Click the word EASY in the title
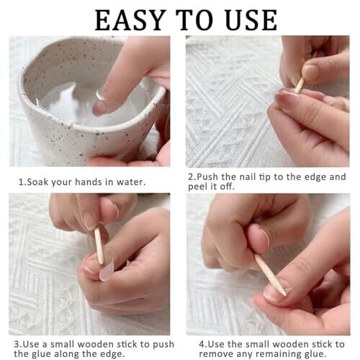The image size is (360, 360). click(x=130, y=20)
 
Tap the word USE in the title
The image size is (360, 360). click(x=251, y=20)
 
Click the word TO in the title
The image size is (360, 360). click(x=194, y=20)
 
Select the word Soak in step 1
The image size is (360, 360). click(x=37, y=182)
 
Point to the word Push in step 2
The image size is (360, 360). click(x=207, y=177)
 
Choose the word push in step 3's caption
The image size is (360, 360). click(x=163, y=344)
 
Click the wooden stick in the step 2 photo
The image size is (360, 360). click(x=300, y=85)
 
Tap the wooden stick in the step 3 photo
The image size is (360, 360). click(x=99, y=246)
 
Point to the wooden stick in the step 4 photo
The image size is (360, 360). click(x=271, y=275)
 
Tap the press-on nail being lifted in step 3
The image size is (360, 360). click(x=107, y=271)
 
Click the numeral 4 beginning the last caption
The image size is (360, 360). click(x=202, y=344)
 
